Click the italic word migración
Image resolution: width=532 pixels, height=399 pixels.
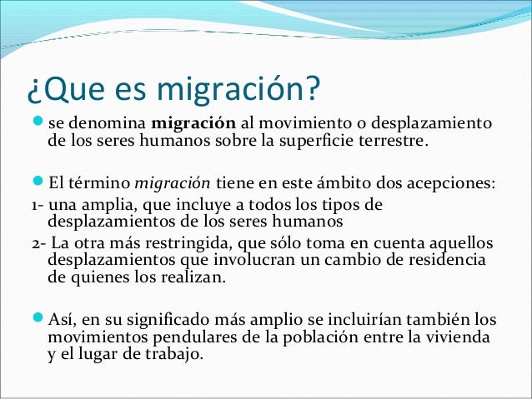(x=173, y=184)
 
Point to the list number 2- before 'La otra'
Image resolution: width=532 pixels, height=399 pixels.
(x=37, y=243)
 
